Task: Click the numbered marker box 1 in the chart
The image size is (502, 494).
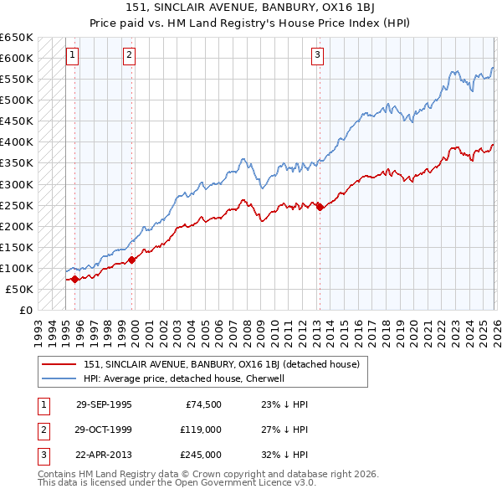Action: coord(73,56)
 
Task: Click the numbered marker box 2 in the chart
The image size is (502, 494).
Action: coord(130,56)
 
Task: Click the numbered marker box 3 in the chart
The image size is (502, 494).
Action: coord(318,56)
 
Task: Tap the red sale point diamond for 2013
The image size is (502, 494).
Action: coord(319,208)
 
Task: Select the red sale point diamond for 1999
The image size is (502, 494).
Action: coord(132,260)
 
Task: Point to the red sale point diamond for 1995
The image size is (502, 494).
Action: coord(74,279)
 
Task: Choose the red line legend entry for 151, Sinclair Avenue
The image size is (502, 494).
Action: coord(221,364)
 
